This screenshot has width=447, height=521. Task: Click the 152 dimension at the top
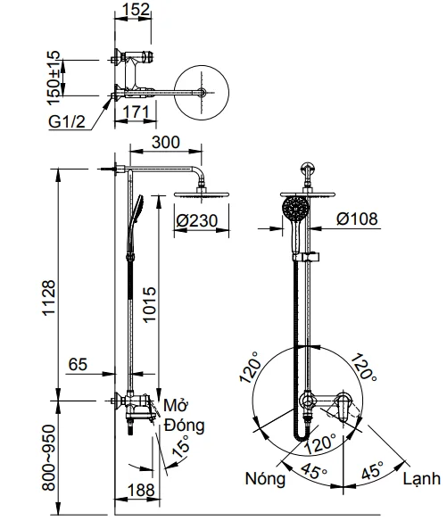[x=136, y=9]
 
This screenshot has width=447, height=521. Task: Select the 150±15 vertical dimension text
[x=54, y=78]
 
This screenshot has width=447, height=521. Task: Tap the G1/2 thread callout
[x=66, y=122]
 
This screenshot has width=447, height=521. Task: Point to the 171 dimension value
[x=136, y=112]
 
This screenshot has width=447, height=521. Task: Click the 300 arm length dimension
[x=166, y=142]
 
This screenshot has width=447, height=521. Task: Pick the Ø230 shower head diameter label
[x=197, y=220]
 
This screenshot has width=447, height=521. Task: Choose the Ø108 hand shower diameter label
[x=357, y=219]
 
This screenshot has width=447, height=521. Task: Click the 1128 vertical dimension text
[x=49, y=298]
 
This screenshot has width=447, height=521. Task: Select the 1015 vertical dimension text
[x=149, y=305]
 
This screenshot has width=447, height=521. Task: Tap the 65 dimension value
[x=78, y=364]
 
